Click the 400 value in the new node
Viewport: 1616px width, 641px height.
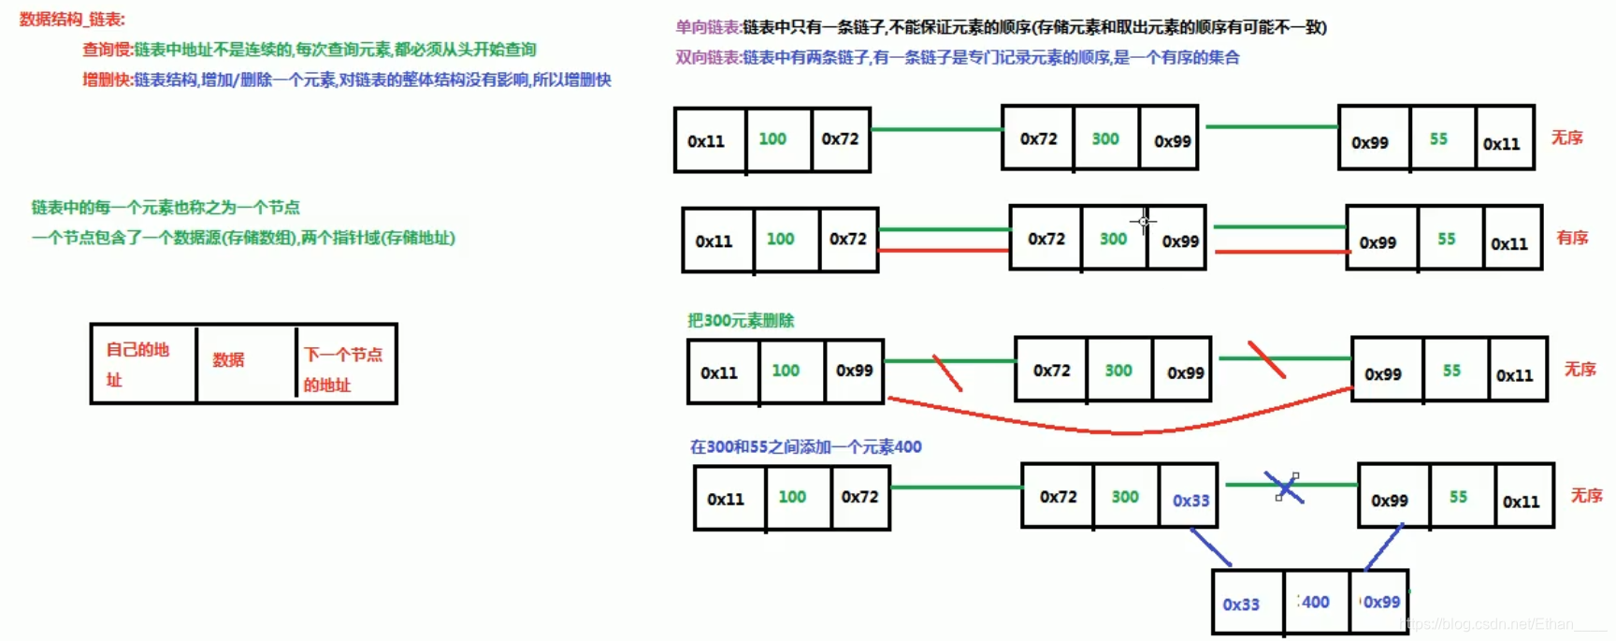click(x=1315, y=603)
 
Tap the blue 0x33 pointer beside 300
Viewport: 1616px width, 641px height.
click(x=1190, y=501)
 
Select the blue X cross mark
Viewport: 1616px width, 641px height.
click(x=1285, y=488)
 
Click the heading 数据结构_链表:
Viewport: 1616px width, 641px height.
click(x=72, y=20)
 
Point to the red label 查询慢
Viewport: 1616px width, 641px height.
click(x=107, y=50)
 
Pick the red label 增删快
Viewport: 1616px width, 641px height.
click(x=107, y=80)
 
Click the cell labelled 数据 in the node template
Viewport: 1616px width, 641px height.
click(x=228, y=360)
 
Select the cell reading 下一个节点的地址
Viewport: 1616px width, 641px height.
click(x=342, y=369)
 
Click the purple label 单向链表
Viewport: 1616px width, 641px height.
click(x=708, y=27)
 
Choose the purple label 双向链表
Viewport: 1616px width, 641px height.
click(x=708, y=58)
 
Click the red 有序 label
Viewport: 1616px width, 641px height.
click(x=1572, y=238)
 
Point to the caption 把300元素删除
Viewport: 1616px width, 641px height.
click(x=741, y=321)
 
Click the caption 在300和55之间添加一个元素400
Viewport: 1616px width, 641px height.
click(x=805, y=447)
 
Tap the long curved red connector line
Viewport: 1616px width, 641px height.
click(x=1122, y=431)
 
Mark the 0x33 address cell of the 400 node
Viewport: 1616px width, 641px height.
click(x=1241, y=605)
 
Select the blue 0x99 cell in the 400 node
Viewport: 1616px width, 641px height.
click(x=1381, y=603)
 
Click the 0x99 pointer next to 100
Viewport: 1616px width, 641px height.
click(x=854, y=371)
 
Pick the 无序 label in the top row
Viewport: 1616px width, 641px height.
click(x=1566, y=138)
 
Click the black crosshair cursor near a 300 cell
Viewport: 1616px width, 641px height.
click(x=1144, y=222)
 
